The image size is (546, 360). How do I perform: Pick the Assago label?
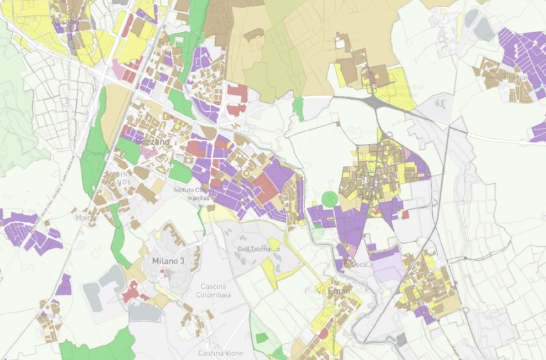66,22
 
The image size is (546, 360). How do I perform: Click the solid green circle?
330,199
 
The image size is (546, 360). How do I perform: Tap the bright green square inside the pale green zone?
261,338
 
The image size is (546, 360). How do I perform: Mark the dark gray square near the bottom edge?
401,339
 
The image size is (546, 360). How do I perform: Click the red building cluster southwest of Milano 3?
131,292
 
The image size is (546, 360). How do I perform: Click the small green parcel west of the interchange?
298,108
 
